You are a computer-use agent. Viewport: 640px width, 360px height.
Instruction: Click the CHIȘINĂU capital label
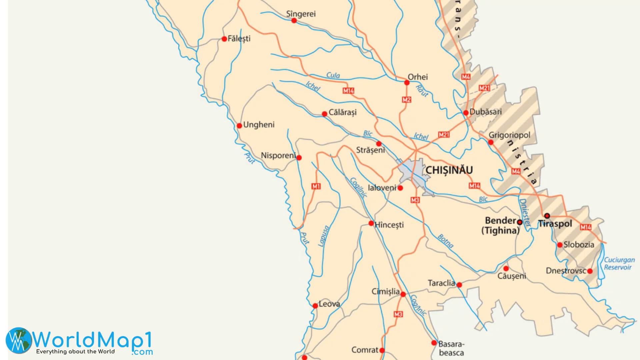click(x=449, y=170)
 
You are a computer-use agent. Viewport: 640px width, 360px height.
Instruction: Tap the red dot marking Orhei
click(x=407, y=83)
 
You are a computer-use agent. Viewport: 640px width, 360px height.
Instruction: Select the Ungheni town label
click(x=259, y=125)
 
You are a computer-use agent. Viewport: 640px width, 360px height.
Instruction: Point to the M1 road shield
click(x=316, y=186)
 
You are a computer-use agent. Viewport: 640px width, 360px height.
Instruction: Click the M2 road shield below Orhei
click(x=406, y=100)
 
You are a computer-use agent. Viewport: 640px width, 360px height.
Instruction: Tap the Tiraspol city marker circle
click(x=547, y=216)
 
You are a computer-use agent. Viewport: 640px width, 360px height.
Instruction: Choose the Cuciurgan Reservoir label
click(x=619, y=263)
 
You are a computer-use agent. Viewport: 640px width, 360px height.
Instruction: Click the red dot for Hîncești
click(x=371, y=223)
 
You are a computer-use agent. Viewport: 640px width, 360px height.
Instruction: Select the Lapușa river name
click(x=323, y=236)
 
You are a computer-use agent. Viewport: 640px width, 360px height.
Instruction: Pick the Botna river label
click(x=445, y=241)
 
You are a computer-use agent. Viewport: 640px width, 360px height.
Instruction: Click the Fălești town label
click(x=239, y=39)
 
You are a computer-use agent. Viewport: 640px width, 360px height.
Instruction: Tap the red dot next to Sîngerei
click(x=294, y=21)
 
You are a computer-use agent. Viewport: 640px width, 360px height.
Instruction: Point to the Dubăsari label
click(x=485, y=112)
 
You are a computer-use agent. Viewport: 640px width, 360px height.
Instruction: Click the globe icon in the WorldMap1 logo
click(x=19, y=340)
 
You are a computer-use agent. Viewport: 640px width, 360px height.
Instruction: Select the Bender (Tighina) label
click(x=500, y=225)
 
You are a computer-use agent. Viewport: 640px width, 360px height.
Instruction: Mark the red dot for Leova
click(x=315, y=306)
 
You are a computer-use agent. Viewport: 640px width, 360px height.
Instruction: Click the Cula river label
click(x=333, y=75)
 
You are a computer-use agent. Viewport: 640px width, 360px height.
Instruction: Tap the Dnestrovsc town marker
click(x=590, y=271)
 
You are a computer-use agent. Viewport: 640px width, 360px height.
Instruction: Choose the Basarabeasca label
click(x=451, y=348)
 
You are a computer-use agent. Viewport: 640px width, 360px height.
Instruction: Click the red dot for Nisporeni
click(x=299, y=158)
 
